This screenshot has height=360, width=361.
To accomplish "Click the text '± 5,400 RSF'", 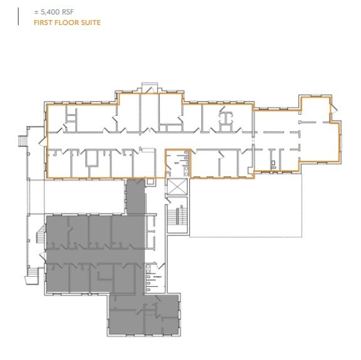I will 42,12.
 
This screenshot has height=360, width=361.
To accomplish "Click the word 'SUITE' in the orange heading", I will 90,23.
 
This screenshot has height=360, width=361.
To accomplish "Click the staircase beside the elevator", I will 178,216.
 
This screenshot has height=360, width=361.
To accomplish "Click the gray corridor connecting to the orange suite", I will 135,197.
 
